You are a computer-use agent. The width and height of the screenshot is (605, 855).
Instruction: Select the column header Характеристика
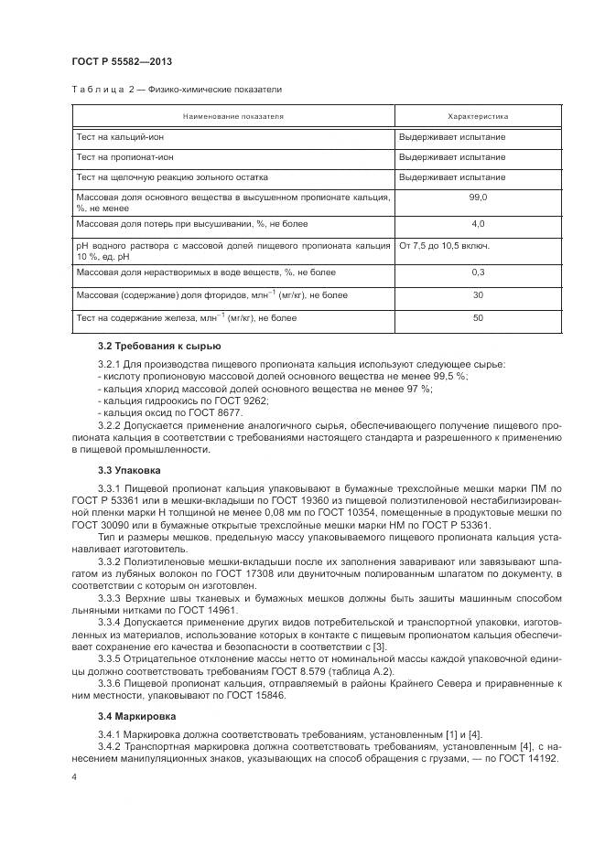tap(478, 117)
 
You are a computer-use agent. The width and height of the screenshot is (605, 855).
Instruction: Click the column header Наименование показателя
tap(233, 117)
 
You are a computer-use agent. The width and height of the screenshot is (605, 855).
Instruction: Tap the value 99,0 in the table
tap(478, 197)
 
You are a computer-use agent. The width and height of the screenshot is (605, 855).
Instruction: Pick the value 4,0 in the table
tap(478, 224)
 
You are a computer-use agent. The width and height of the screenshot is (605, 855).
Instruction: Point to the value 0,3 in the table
tap(478, 273)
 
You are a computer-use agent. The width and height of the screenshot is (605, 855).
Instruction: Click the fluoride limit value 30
tap(478, 294)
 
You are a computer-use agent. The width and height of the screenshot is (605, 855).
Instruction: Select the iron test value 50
tap(478, 317)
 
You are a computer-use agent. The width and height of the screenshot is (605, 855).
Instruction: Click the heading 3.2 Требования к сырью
tap(158, 346)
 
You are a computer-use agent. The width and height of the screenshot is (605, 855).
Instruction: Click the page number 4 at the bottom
tap(74, 776)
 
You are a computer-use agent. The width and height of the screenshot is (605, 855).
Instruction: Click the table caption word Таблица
tap(94, 90)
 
